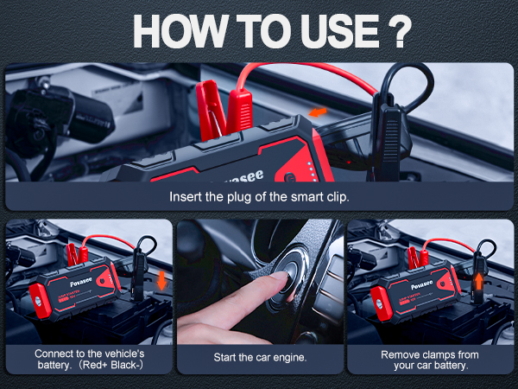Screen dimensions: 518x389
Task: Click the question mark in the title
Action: (x=400, y=32)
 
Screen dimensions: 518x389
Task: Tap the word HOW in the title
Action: (x=180, y=32)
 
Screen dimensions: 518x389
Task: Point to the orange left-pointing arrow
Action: (x=318, y=112)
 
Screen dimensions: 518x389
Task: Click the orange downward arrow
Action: (x=161, y=280)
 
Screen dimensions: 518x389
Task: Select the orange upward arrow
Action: (x=478, y=283)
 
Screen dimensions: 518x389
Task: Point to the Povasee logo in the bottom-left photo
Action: (x=81, y=282)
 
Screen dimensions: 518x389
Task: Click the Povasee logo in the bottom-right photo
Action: (x=422, y=284)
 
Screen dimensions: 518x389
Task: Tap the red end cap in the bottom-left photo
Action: (x=40, y=300)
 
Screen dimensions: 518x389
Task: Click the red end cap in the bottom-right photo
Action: (x=382, y=303)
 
